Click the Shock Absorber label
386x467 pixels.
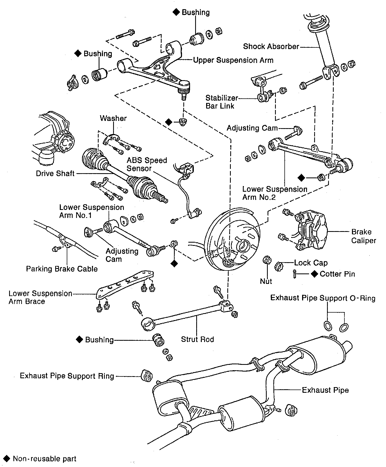tap(271, 47)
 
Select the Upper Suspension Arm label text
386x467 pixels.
tap(233, 60)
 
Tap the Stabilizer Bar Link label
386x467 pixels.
tap(221, 102)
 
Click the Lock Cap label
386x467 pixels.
tap(311, 263)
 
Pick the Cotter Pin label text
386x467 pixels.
tap(337, 274)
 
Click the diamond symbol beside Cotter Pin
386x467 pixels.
tap(314, 274)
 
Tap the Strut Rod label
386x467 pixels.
tap(197, 339)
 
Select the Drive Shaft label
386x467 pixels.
tap(55, 173)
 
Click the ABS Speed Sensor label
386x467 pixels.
tap(147, 164)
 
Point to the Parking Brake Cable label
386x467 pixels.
tap(62, 269)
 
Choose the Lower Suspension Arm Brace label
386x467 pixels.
tap(40, 298)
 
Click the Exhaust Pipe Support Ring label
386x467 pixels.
tap(67, 376)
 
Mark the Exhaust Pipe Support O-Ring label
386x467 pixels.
tap(322, 298)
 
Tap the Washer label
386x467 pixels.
tap(113, 118)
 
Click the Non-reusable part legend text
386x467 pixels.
tap(44, 459)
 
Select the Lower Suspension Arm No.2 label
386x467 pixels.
tap(275, 193)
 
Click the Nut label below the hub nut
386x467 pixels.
tap(266, 281)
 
